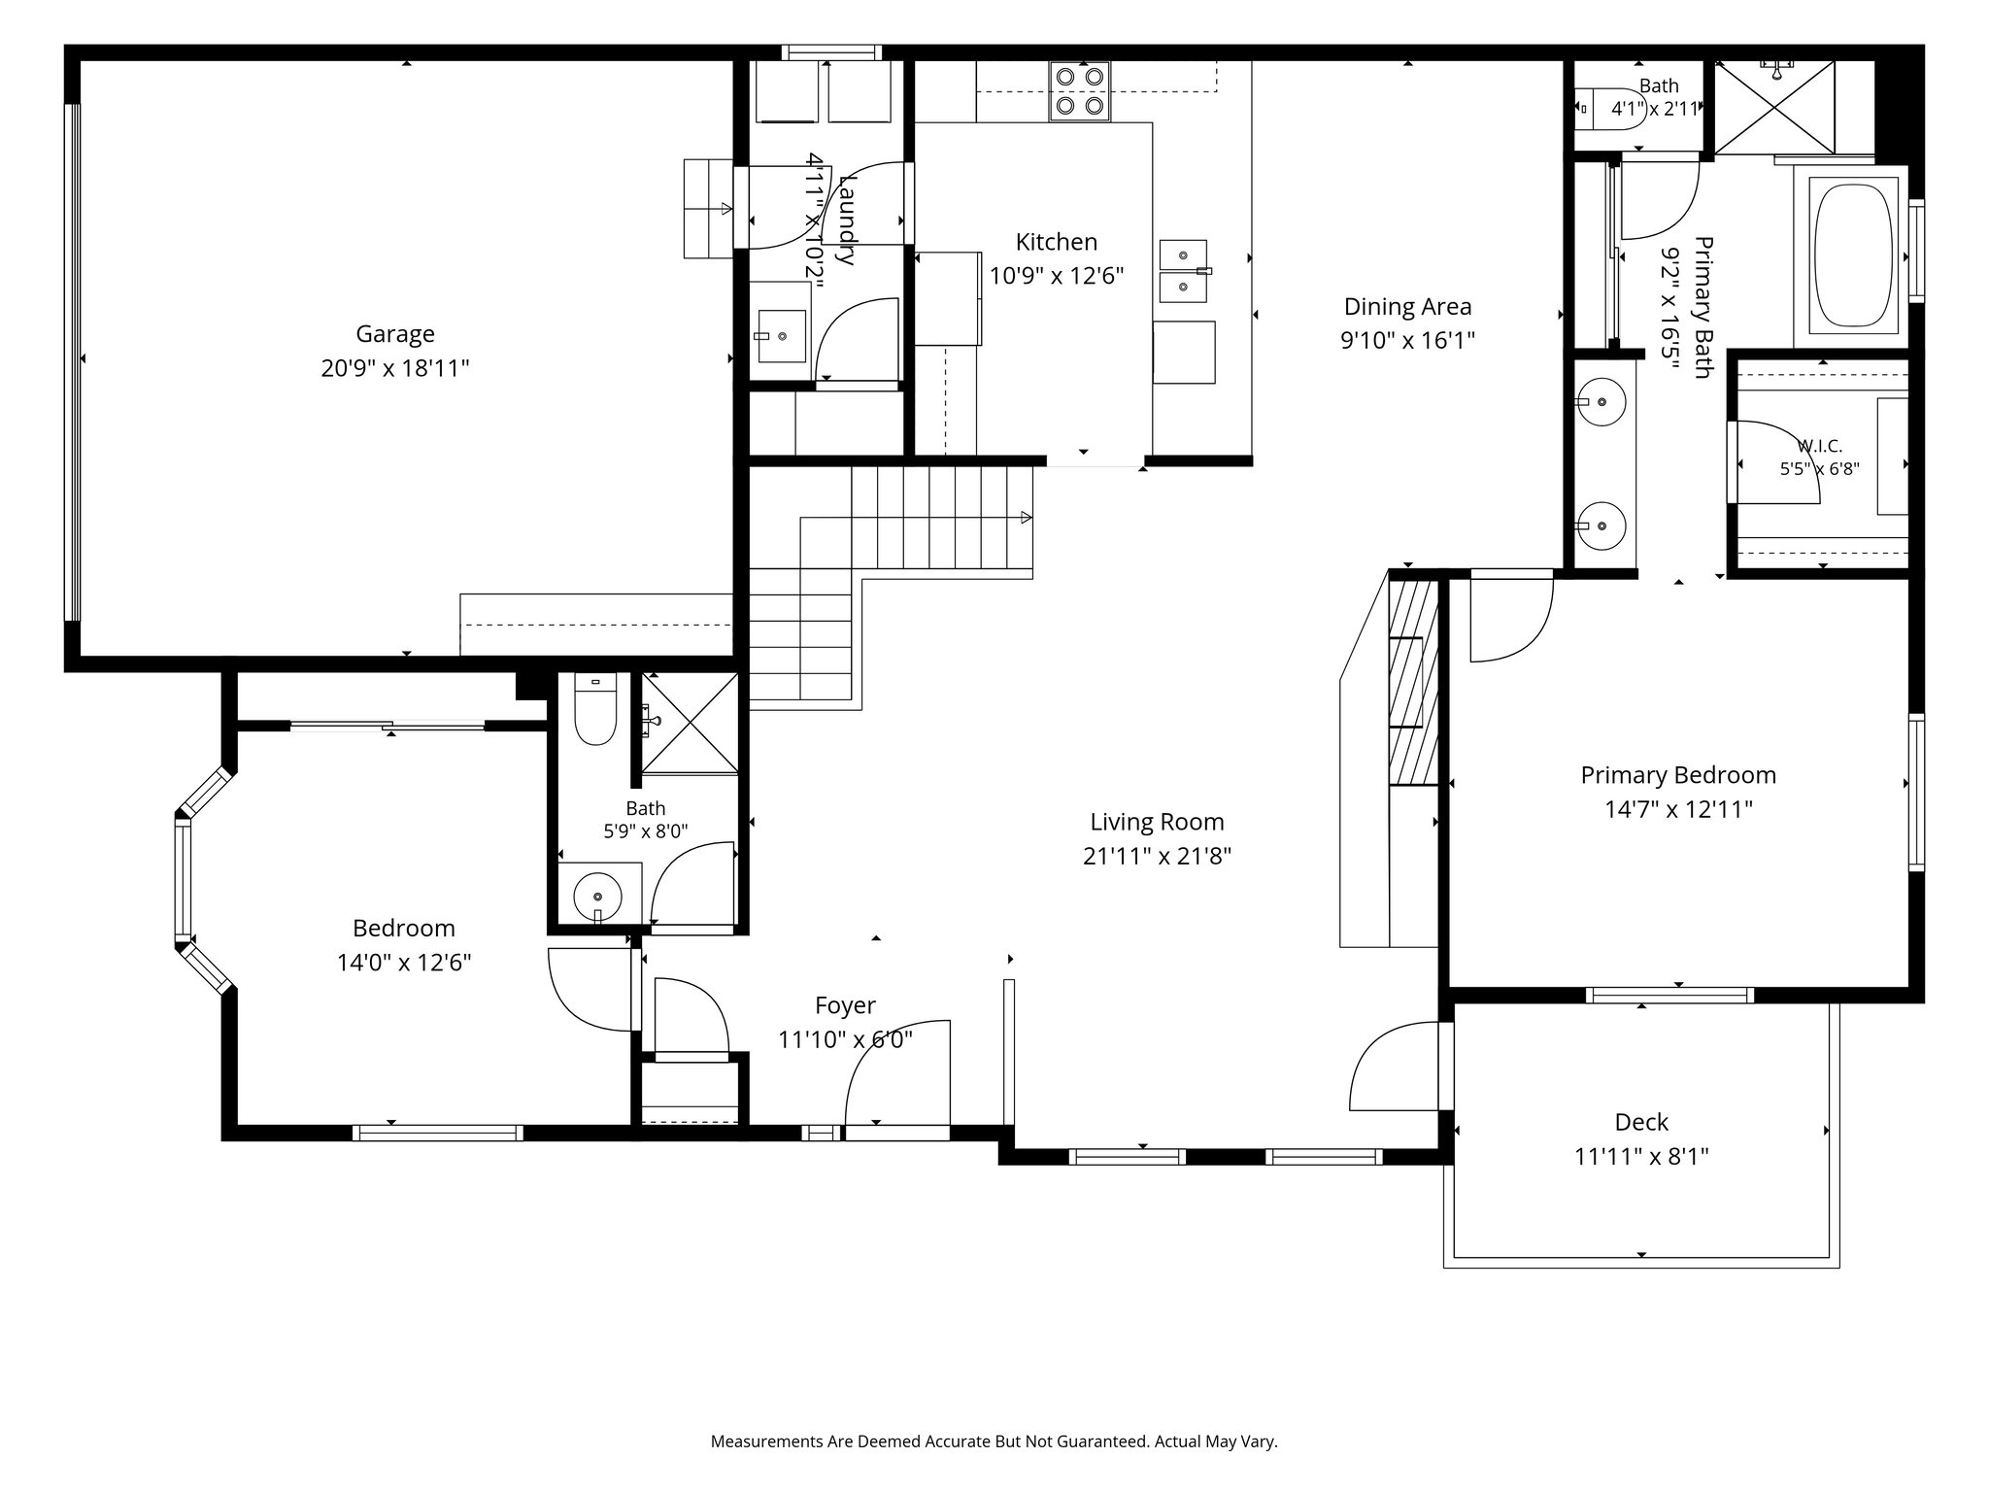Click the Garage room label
(395, 334)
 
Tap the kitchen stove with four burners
(1079, 91)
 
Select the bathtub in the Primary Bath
(1856, 255)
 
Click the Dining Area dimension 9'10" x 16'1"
(1407, 341)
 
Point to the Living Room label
(1157, 822)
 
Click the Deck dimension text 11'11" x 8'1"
(1641, 1157)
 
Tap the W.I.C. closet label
(1820, 446)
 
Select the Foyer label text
(845, 1005)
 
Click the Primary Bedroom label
(1678, 775)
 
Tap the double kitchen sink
(1184, 272)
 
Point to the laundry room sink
(782, 336)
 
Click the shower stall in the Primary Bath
(1774, 107)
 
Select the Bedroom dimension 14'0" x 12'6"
(404, 963)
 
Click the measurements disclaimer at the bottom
(994, 1441)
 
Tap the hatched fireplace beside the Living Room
(1413, 682)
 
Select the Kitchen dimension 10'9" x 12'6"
(1057, 277)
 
